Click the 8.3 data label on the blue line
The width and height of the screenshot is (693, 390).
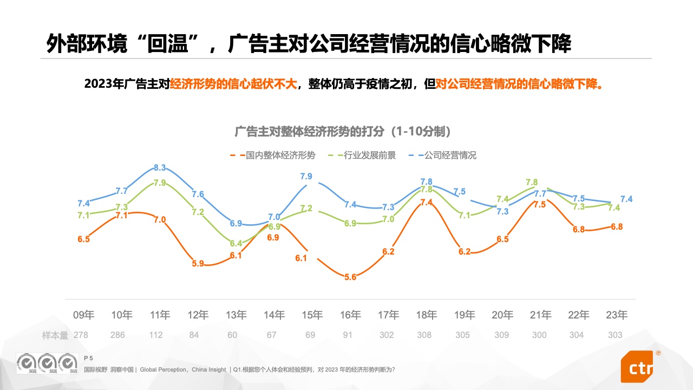pyautogui.click(x=160, y=167)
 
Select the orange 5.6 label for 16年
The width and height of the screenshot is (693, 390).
pyautogui.click(x=350, y=277)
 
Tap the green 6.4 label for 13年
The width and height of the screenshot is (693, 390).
pyautogui.click(x=236, y=244)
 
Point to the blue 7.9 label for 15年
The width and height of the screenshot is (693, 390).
pyautogui.click(x=306, y=176)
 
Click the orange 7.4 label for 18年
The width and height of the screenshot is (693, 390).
pyautogui.click(x=426, y=202)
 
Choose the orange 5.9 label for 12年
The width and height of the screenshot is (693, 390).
pyautogui.click(x=198, y=264)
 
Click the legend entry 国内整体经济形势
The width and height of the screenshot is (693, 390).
pyautogui.click(x=280, y=155)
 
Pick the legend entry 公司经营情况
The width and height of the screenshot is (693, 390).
pyautogui.click(x=450, y=155)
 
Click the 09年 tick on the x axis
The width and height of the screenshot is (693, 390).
pyautogui.click(x=84, y=315)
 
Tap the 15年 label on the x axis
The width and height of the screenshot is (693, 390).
pyautogui.click(x=312, y=315)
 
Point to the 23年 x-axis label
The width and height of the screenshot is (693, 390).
pyautogui.click(x=617, y=315)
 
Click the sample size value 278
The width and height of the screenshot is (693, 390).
pyautogui.click(x=81, y=335)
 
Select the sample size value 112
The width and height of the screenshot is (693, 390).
pyautogui.click(x=156, y=335)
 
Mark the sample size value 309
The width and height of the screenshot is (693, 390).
pyautogui.click(x=501, y=335)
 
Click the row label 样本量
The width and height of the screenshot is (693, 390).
pyautogui.click(x=55, y=335)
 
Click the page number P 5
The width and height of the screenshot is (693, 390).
pyautogui.click(x=89, y=358)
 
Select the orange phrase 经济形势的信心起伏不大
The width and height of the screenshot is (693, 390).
pyautogui.click(x=234, y=84)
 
